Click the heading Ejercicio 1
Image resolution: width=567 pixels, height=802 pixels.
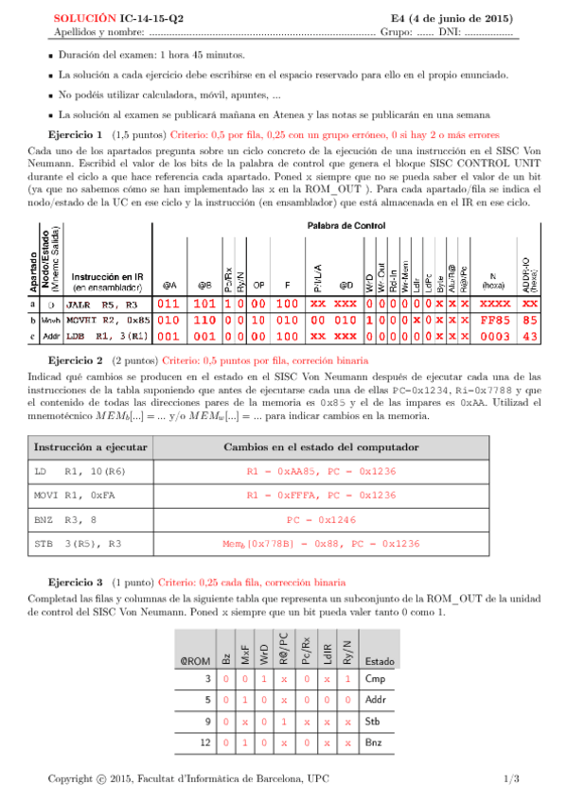pos(76,135)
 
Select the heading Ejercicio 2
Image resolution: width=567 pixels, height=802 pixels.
pos(76,387)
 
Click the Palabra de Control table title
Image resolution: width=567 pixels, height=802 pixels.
pos(342,225)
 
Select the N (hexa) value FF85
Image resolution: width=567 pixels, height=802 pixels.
pos(495,321)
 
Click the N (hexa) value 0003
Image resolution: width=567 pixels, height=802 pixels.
pos(495,336)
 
